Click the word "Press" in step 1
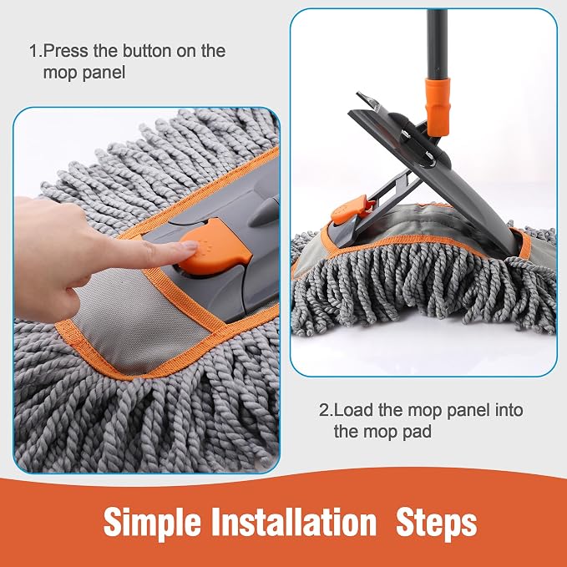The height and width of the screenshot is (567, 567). click(65, 51)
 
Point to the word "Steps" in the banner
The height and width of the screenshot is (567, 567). click(437, 523)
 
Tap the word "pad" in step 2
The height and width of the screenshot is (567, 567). click(417, 433)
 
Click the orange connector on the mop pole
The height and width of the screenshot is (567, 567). click(438, 106)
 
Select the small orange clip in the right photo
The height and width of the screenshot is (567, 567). click(348, 210)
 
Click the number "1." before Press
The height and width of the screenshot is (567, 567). click(35, 51)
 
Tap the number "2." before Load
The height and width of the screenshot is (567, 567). click(326, 410)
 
